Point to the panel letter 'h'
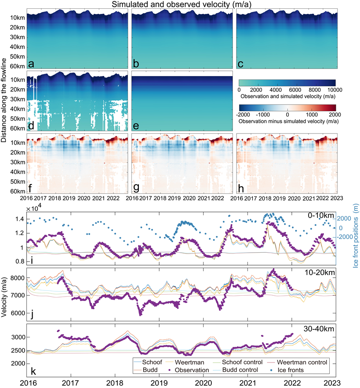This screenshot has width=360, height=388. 241,190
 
